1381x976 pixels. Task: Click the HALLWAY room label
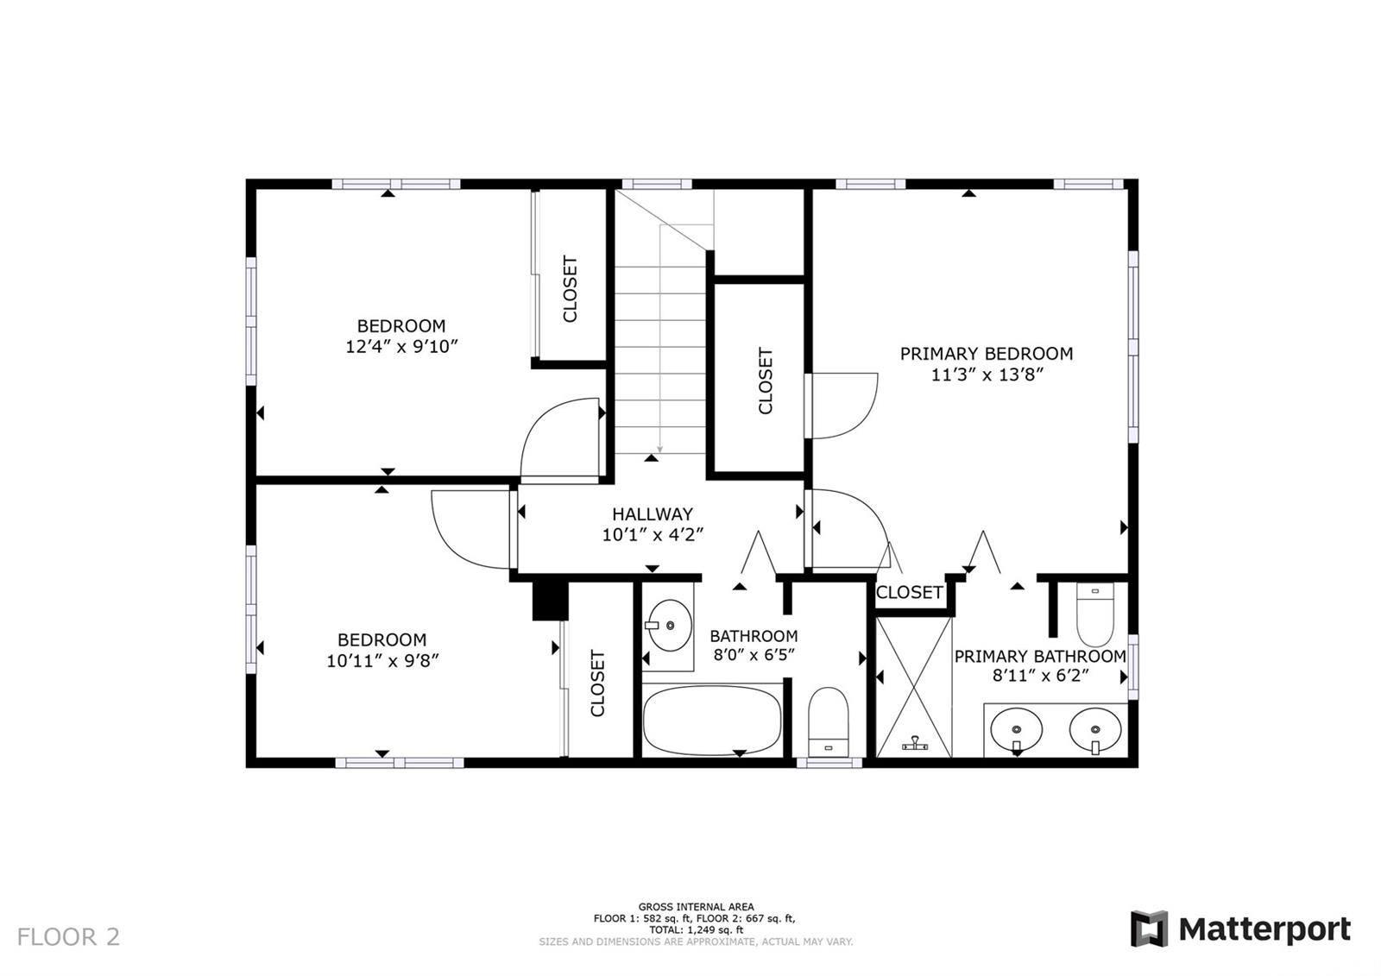pos(653,513)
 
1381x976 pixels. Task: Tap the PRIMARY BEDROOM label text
pos(987,354)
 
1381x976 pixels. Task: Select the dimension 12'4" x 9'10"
pos(401,347)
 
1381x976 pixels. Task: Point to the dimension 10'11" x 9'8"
pos(382,661)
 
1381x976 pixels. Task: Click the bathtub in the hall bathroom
pos(711,721)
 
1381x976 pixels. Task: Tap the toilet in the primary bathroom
pos(1095,614)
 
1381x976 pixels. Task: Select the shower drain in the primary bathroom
pos(915,743)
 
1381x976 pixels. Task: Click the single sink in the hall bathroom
pos(670,626)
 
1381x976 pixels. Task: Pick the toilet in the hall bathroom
pos(828,722)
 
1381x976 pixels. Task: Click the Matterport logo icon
pos(1149,929)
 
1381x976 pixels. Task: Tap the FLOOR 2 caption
pos(68,937)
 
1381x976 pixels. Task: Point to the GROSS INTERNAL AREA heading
pos(696,907)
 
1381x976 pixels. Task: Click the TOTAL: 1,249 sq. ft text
pos(696,929)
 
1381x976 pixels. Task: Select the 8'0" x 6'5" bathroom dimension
pos(754,654)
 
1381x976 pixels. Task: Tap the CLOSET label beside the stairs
pos(765,381)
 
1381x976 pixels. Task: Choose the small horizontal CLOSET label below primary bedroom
pos(910,593)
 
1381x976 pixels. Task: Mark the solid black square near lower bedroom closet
pos(550,601)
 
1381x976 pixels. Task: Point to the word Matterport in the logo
pos(1265,929)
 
